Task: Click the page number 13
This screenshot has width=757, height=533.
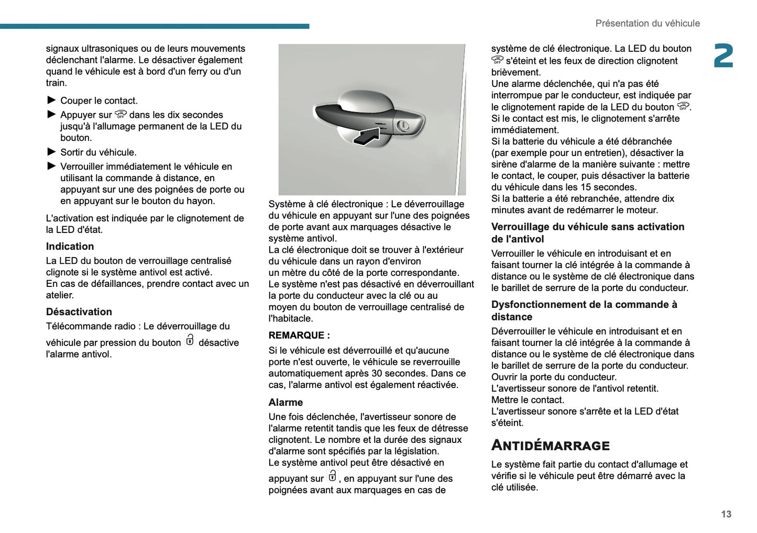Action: (x=726, y=514)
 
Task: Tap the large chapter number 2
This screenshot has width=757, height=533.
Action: (x=723, y=56)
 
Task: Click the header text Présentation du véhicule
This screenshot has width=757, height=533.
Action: (x=647, y=24)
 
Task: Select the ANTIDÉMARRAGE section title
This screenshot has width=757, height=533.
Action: (x=550, y=446)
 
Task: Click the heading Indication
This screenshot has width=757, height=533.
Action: (x=70, y=247)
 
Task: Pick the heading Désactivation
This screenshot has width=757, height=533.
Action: (x=79, y=312)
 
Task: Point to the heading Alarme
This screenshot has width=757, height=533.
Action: (x=286, y=403)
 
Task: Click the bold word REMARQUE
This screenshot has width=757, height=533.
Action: (x=297, y=336)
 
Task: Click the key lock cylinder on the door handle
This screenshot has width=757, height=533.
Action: (x=403, y=126)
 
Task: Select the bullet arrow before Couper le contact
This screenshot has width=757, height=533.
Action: (x=51, y=100)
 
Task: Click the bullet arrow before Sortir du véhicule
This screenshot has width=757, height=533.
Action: (x=51, y=152)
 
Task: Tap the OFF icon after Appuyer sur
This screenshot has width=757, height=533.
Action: (x=120, y=114)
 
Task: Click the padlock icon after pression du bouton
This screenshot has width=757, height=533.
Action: (x=190, y=340)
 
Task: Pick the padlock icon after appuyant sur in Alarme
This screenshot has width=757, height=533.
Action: (x=332, y=476)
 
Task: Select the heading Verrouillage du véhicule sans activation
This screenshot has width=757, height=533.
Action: (x=587, y=227)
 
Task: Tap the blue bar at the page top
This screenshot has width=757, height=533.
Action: (x=155, y=26)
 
